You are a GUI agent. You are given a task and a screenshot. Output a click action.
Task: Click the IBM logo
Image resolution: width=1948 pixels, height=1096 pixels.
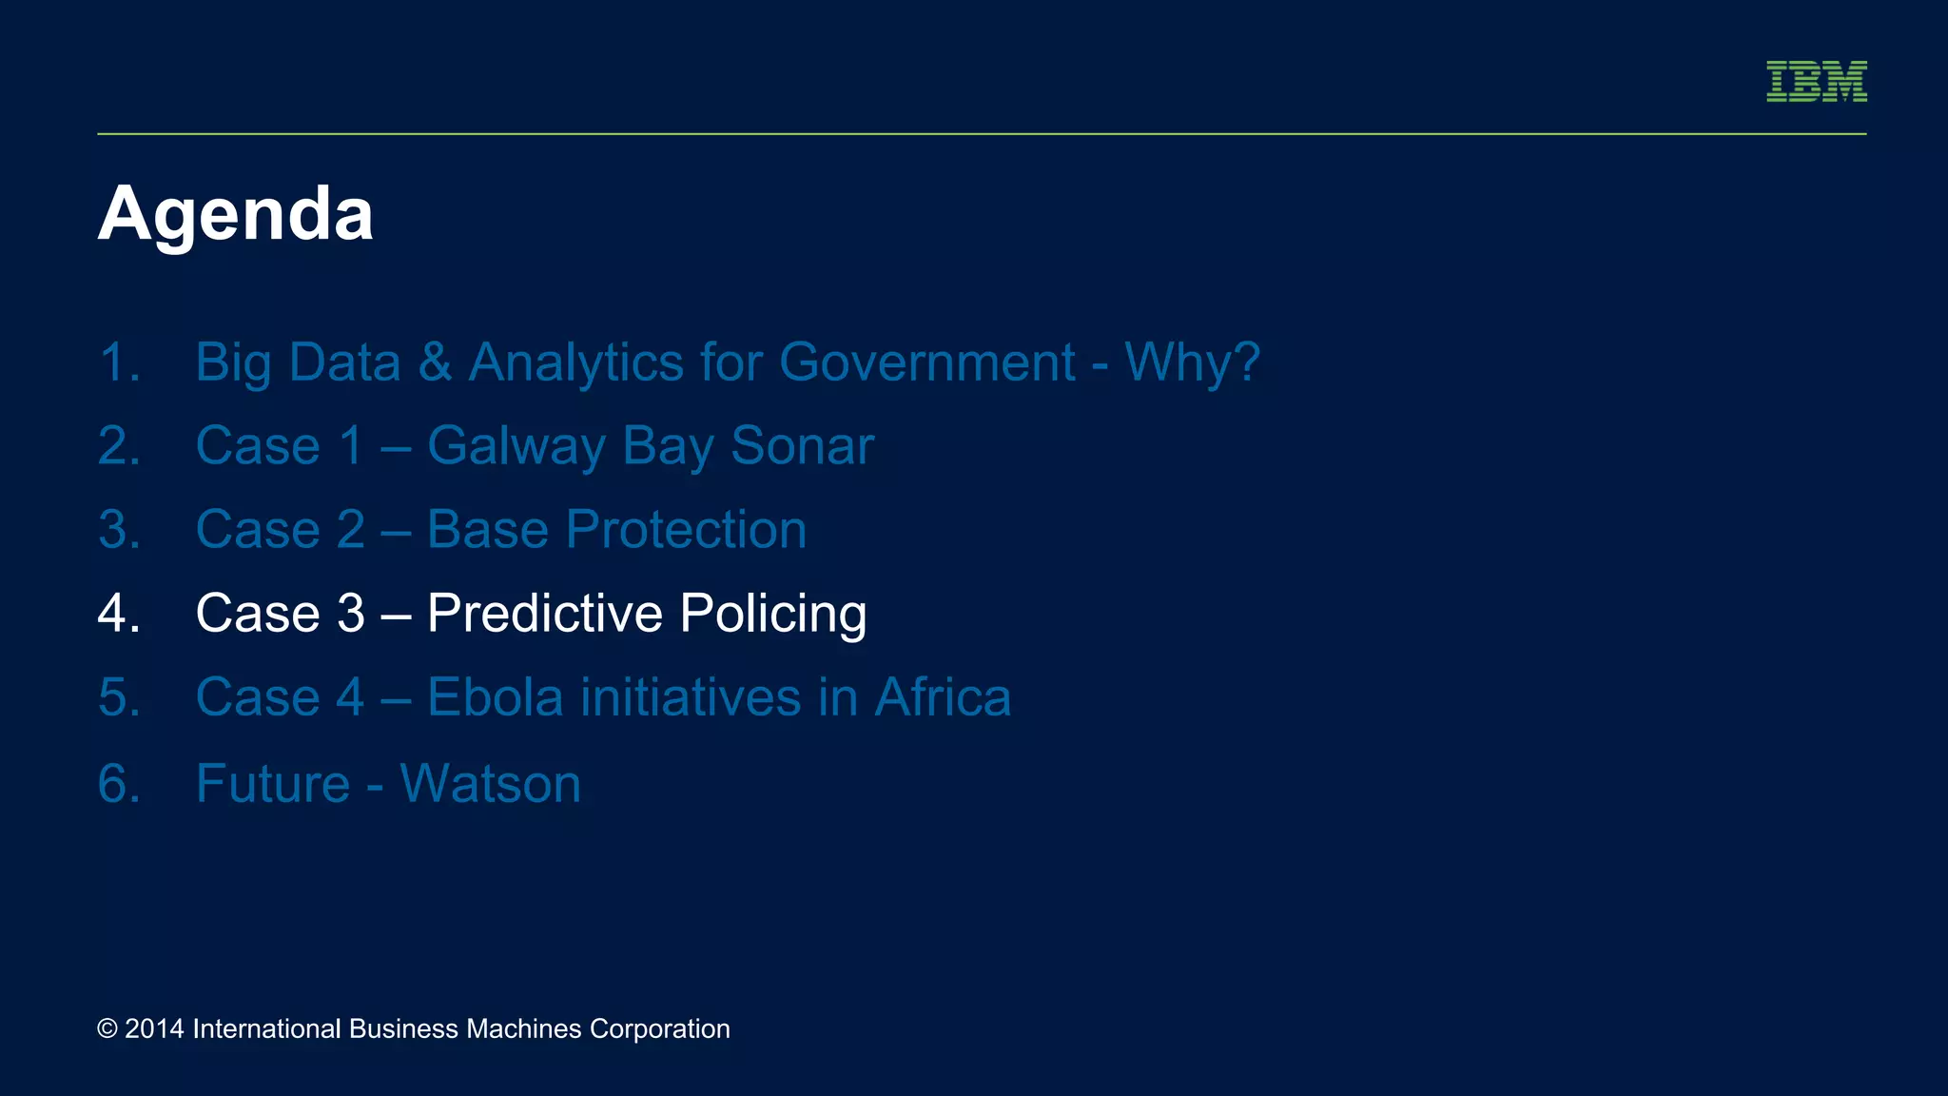click(1816, 81)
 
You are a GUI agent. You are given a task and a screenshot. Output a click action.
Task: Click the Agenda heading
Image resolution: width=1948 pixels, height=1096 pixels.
click(235, 215)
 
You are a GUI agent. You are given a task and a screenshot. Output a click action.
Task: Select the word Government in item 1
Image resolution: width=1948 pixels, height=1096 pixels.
click(926, 362)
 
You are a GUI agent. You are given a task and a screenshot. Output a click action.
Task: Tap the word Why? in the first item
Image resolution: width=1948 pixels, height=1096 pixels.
click(1192, 362)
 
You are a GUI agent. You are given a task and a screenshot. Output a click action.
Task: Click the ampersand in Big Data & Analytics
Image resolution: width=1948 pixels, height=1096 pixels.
click(435, 362)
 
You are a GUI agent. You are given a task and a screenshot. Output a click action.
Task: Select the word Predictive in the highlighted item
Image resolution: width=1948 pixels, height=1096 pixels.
click(544, 614)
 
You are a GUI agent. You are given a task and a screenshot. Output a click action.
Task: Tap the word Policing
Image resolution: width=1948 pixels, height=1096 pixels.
click(772, 614)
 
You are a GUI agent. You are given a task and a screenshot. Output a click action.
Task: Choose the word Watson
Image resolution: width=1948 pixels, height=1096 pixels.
click(490, 784)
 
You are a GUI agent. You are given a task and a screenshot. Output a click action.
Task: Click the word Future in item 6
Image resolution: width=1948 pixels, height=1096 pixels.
click(273, 784)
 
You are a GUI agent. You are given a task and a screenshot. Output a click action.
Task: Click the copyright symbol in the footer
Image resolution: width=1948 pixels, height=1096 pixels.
click(107, 1029)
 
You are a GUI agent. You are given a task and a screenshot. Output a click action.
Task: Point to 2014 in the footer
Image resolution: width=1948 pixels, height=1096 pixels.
click(154, 1029)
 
